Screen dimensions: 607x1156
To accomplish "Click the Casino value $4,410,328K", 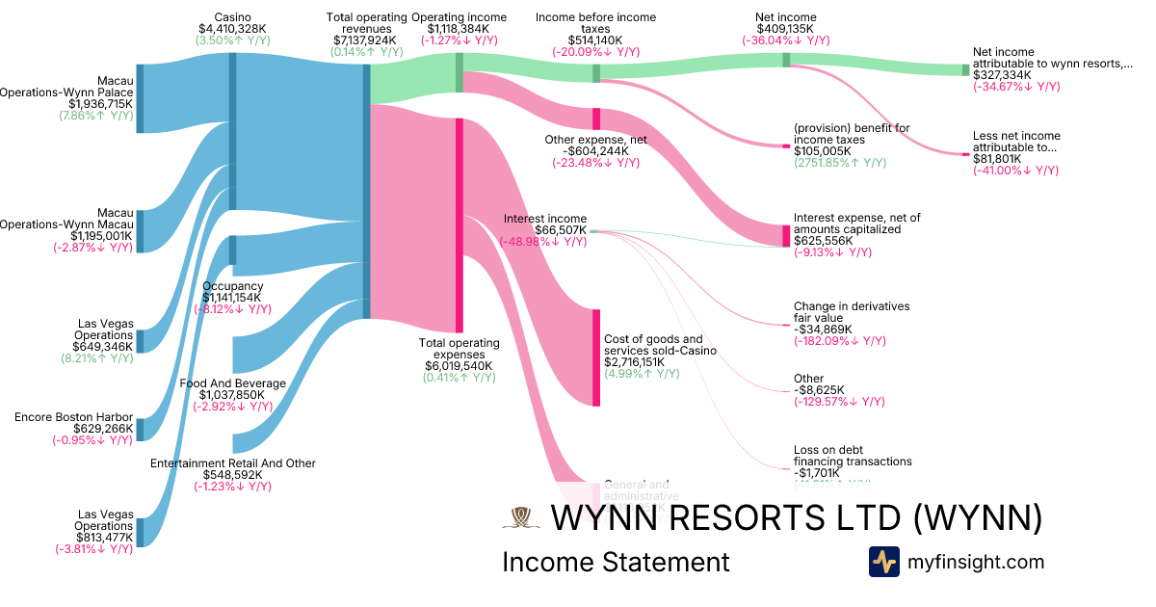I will coord(233,30).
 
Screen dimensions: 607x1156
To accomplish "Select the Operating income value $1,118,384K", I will coord(460,29).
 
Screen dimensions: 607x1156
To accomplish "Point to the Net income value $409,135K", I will coord(787,29).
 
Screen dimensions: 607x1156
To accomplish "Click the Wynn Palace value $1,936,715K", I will coord(100,103).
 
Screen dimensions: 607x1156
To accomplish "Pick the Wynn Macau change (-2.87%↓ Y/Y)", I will coord(93,247).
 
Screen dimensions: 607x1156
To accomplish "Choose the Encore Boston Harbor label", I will coord(73,417).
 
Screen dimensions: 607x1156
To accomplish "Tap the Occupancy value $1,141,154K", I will coord(233,298).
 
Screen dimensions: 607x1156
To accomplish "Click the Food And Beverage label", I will coord(233,383).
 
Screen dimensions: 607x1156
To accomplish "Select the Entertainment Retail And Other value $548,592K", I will coord(233,475).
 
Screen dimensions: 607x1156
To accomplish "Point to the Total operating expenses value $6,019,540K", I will coord(460,366).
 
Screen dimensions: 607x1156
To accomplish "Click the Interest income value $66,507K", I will coord(544,230).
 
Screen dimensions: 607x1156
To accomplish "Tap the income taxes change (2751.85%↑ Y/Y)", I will coord(839,163).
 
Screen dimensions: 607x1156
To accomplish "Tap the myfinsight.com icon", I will coord(883,562).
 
